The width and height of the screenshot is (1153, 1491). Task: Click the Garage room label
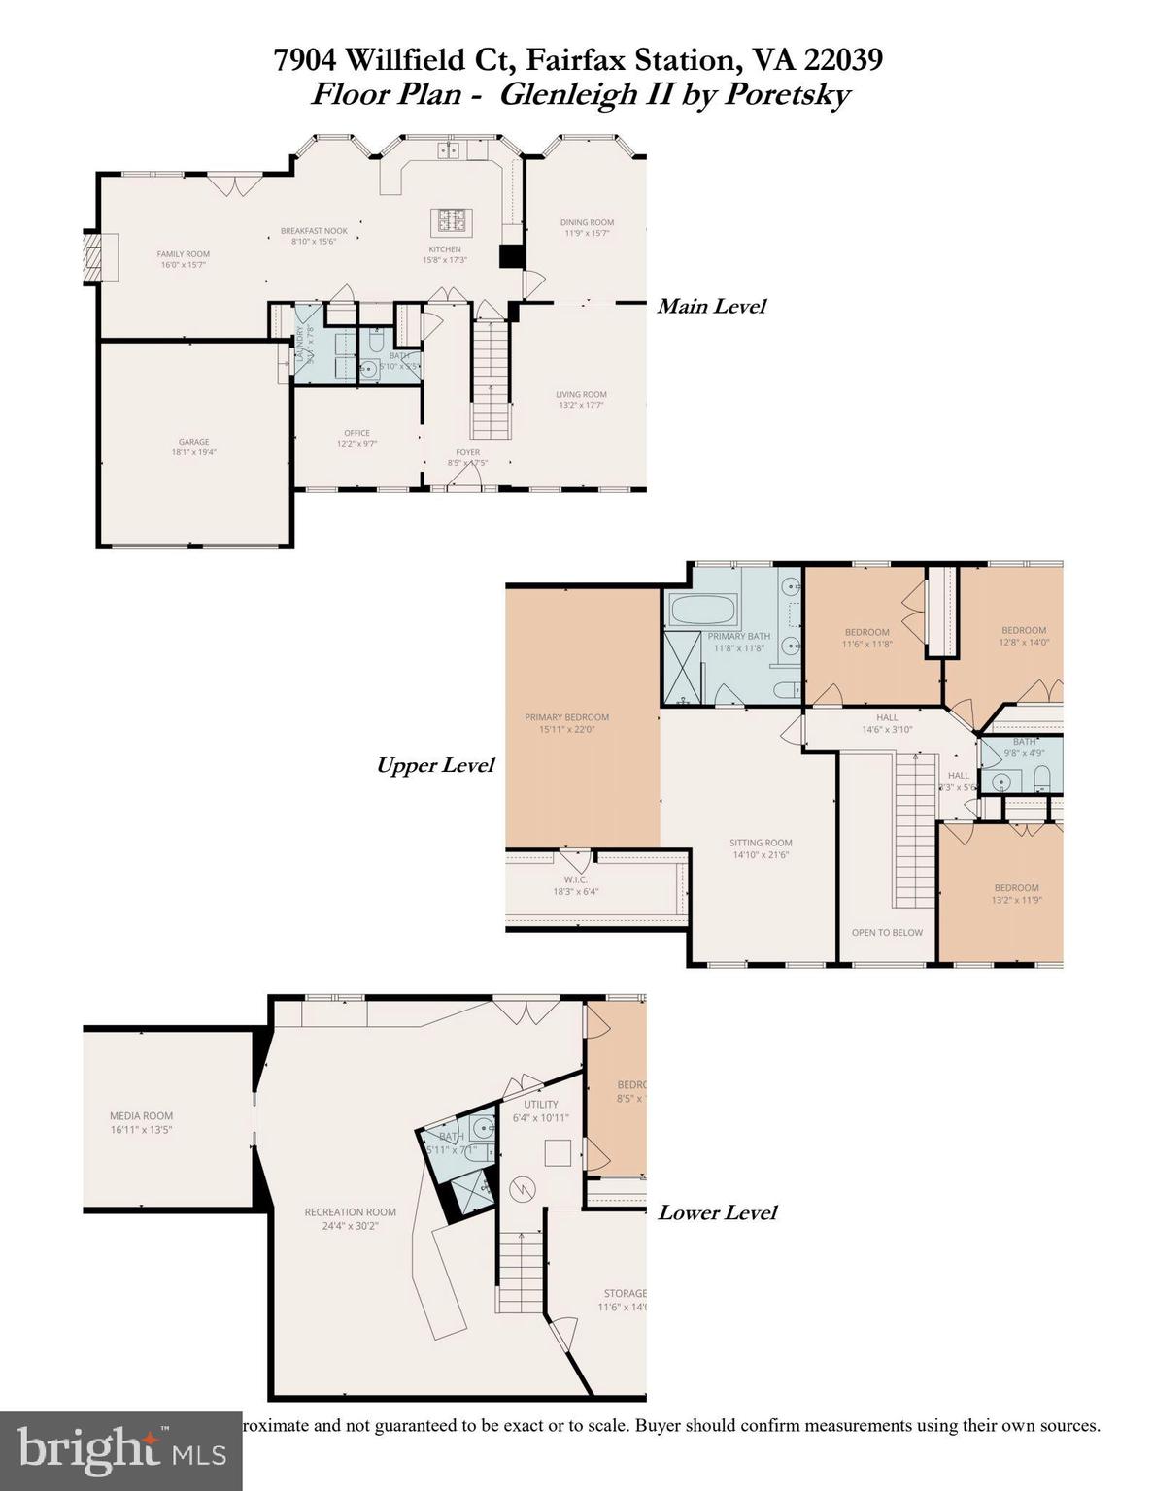coord(193,447)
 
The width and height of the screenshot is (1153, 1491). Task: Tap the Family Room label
coord(184,259)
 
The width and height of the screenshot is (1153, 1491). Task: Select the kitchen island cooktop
coord(451,221)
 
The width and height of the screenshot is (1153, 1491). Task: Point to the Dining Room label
coord(587,227)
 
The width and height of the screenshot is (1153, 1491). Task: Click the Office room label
coord(356,438)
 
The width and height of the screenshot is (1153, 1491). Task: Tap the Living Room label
coord(581,399)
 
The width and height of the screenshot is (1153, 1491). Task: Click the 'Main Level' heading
coord(711,307)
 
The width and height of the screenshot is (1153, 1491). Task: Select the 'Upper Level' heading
coord(435,765)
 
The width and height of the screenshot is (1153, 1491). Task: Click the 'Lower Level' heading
coord(717,1212)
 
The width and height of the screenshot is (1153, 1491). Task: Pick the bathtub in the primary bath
coord(701,611)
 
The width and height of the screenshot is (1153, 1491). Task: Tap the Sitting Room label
coord(761,848)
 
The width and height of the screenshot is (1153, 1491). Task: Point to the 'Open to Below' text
coord(887,932)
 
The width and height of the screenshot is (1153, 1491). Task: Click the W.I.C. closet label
coord(575,885)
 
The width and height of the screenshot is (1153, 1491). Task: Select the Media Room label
coord(141,1122)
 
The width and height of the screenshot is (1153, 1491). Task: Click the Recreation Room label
coord(350,1218)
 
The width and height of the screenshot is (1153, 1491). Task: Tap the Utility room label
coord(541,1110)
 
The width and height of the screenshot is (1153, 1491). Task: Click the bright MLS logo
coord(121,1449)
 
